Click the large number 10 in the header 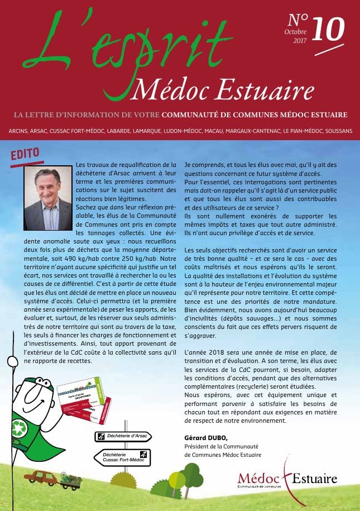328,27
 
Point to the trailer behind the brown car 71,479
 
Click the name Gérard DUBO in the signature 205,436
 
